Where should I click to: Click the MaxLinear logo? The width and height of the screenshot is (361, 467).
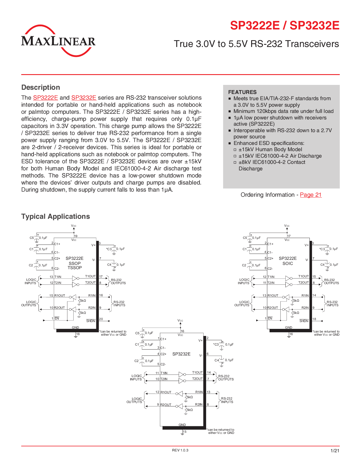(58, 41)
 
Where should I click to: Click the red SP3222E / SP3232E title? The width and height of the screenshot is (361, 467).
(284, 25)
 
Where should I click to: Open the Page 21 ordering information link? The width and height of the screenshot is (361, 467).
(311, 195)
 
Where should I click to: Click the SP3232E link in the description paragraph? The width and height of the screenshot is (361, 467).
(84, 98)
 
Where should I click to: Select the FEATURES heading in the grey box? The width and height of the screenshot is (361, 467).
(242, 92)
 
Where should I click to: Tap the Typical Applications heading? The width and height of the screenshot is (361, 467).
(55, 217)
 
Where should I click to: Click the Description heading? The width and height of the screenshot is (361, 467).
(40, 87)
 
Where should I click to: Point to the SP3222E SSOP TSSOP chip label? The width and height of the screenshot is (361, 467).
(74, 263)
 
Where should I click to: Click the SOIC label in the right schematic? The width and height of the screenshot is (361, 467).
(287, 264)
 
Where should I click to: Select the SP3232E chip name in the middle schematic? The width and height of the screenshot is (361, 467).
(181, 354)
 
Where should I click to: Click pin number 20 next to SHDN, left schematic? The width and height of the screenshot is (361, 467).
(101, 319)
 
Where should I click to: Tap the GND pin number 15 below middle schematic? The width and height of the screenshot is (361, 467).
(185, 432)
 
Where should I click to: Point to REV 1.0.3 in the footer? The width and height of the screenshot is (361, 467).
(180, 450)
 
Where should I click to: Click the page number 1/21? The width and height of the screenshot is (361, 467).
(335, 451)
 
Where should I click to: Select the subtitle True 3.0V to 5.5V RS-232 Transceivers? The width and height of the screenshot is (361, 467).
(256, 44)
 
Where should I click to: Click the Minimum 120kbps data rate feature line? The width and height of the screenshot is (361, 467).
(283, 111)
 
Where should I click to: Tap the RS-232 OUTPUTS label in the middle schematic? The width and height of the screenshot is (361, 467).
(226, 378)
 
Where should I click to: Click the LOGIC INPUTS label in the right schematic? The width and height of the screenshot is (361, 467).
(244, 281)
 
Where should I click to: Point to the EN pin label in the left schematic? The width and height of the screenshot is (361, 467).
(57, 318)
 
